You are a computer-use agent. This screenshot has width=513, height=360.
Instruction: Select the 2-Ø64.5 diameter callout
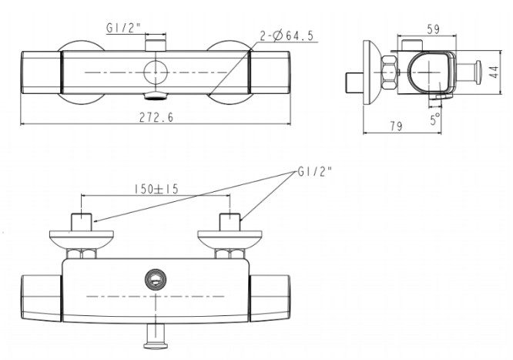pos(291,35)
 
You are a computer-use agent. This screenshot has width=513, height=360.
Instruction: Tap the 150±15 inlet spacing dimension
pos(155,187)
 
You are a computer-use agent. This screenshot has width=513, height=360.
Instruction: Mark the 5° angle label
pos(436,119)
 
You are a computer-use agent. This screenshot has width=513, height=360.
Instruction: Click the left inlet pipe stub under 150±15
pos(82,221)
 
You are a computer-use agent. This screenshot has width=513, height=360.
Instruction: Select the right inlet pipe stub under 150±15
pos(229,221)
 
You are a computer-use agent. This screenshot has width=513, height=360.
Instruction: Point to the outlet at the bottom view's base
pos(156,333)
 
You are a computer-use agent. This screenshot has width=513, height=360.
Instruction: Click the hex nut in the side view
pos(388,76)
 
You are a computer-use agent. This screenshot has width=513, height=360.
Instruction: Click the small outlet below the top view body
pos(156,96)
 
